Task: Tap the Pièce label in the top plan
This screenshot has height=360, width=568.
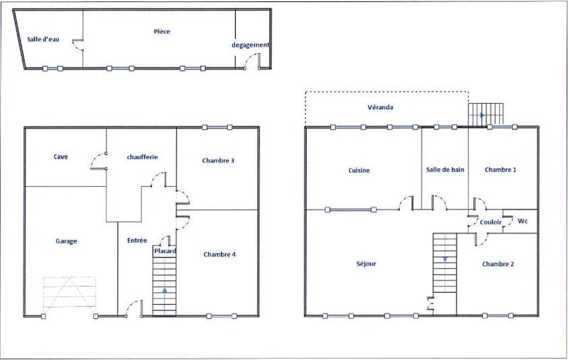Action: click(162, 31)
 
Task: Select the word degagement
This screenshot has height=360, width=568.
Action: click(251, 45)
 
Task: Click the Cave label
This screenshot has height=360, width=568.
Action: click(60, 156)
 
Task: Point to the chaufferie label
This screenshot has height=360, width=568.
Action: click(142, 156)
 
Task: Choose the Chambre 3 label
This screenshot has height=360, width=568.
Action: click(218, 160)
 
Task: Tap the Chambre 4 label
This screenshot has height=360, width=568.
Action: click(219, 254)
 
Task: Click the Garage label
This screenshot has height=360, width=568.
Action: click(66, 241)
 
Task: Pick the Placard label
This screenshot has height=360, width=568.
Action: click(165, 251)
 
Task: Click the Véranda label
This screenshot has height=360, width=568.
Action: click(381, 107)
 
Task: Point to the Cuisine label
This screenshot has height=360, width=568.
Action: click(359, 170)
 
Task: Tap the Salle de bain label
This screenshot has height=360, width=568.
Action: click(445, 170)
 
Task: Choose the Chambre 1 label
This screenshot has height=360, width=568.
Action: click(500, 170)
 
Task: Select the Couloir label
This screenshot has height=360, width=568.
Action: click(491, 222)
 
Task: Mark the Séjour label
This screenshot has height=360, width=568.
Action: click(366, 264)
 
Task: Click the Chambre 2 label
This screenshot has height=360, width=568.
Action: click(498, 264)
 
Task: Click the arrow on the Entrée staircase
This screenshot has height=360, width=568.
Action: click(165, 290)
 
